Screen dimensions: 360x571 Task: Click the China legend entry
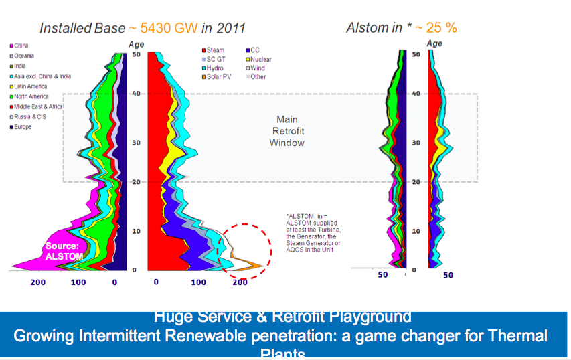coord(20,46)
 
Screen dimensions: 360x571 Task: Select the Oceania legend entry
coord(23,56)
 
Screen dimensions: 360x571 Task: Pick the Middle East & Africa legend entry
coord(37,107)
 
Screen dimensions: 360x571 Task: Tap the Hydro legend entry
coord(214,68)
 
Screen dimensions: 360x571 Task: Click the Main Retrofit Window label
coord(287,131)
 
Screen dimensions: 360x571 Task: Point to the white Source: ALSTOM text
coord(63,251)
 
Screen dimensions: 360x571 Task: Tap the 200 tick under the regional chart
coord(37,282)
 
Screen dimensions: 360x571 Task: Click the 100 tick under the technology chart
coord(199,282)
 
